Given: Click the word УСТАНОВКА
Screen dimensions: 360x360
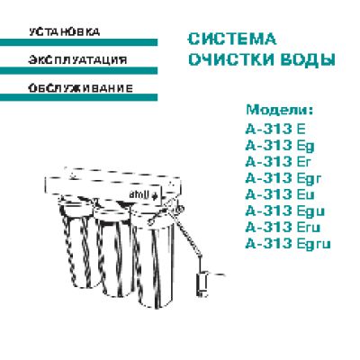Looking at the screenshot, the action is tap(65, 32).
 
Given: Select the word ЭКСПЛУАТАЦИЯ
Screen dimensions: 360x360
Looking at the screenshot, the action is tap(77, 60).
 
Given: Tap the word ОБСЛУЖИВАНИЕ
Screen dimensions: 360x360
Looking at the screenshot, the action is tap(80, 88).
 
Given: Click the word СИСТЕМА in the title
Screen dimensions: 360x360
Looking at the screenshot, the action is tap(231, 40).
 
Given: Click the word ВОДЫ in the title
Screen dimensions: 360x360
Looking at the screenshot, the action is tap(308, 59).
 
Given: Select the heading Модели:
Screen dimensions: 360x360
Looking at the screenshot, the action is tap(280, 110).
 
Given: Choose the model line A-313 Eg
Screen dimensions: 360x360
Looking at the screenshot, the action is tap(280, 147).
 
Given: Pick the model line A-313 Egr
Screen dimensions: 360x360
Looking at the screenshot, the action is tap(283, 179).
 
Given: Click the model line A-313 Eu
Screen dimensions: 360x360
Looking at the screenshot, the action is tap(280, 194).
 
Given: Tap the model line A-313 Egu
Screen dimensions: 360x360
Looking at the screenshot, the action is tap(285, 211).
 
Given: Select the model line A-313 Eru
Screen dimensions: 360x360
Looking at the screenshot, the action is tap(283, 227).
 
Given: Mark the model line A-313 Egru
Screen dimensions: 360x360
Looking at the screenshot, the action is tap(288, 244).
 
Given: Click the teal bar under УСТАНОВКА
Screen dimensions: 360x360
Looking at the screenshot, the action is tap(78, 42).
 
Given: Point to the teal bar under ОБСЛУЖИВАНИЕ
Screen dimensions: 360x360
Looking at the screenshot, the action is tap(78, 97).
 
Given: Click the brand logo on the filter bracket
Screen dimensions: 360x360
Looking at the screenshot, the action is tap(143, 195).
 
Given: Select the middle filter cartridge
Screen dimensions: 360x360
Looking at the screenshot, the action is tap(115, 252).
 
